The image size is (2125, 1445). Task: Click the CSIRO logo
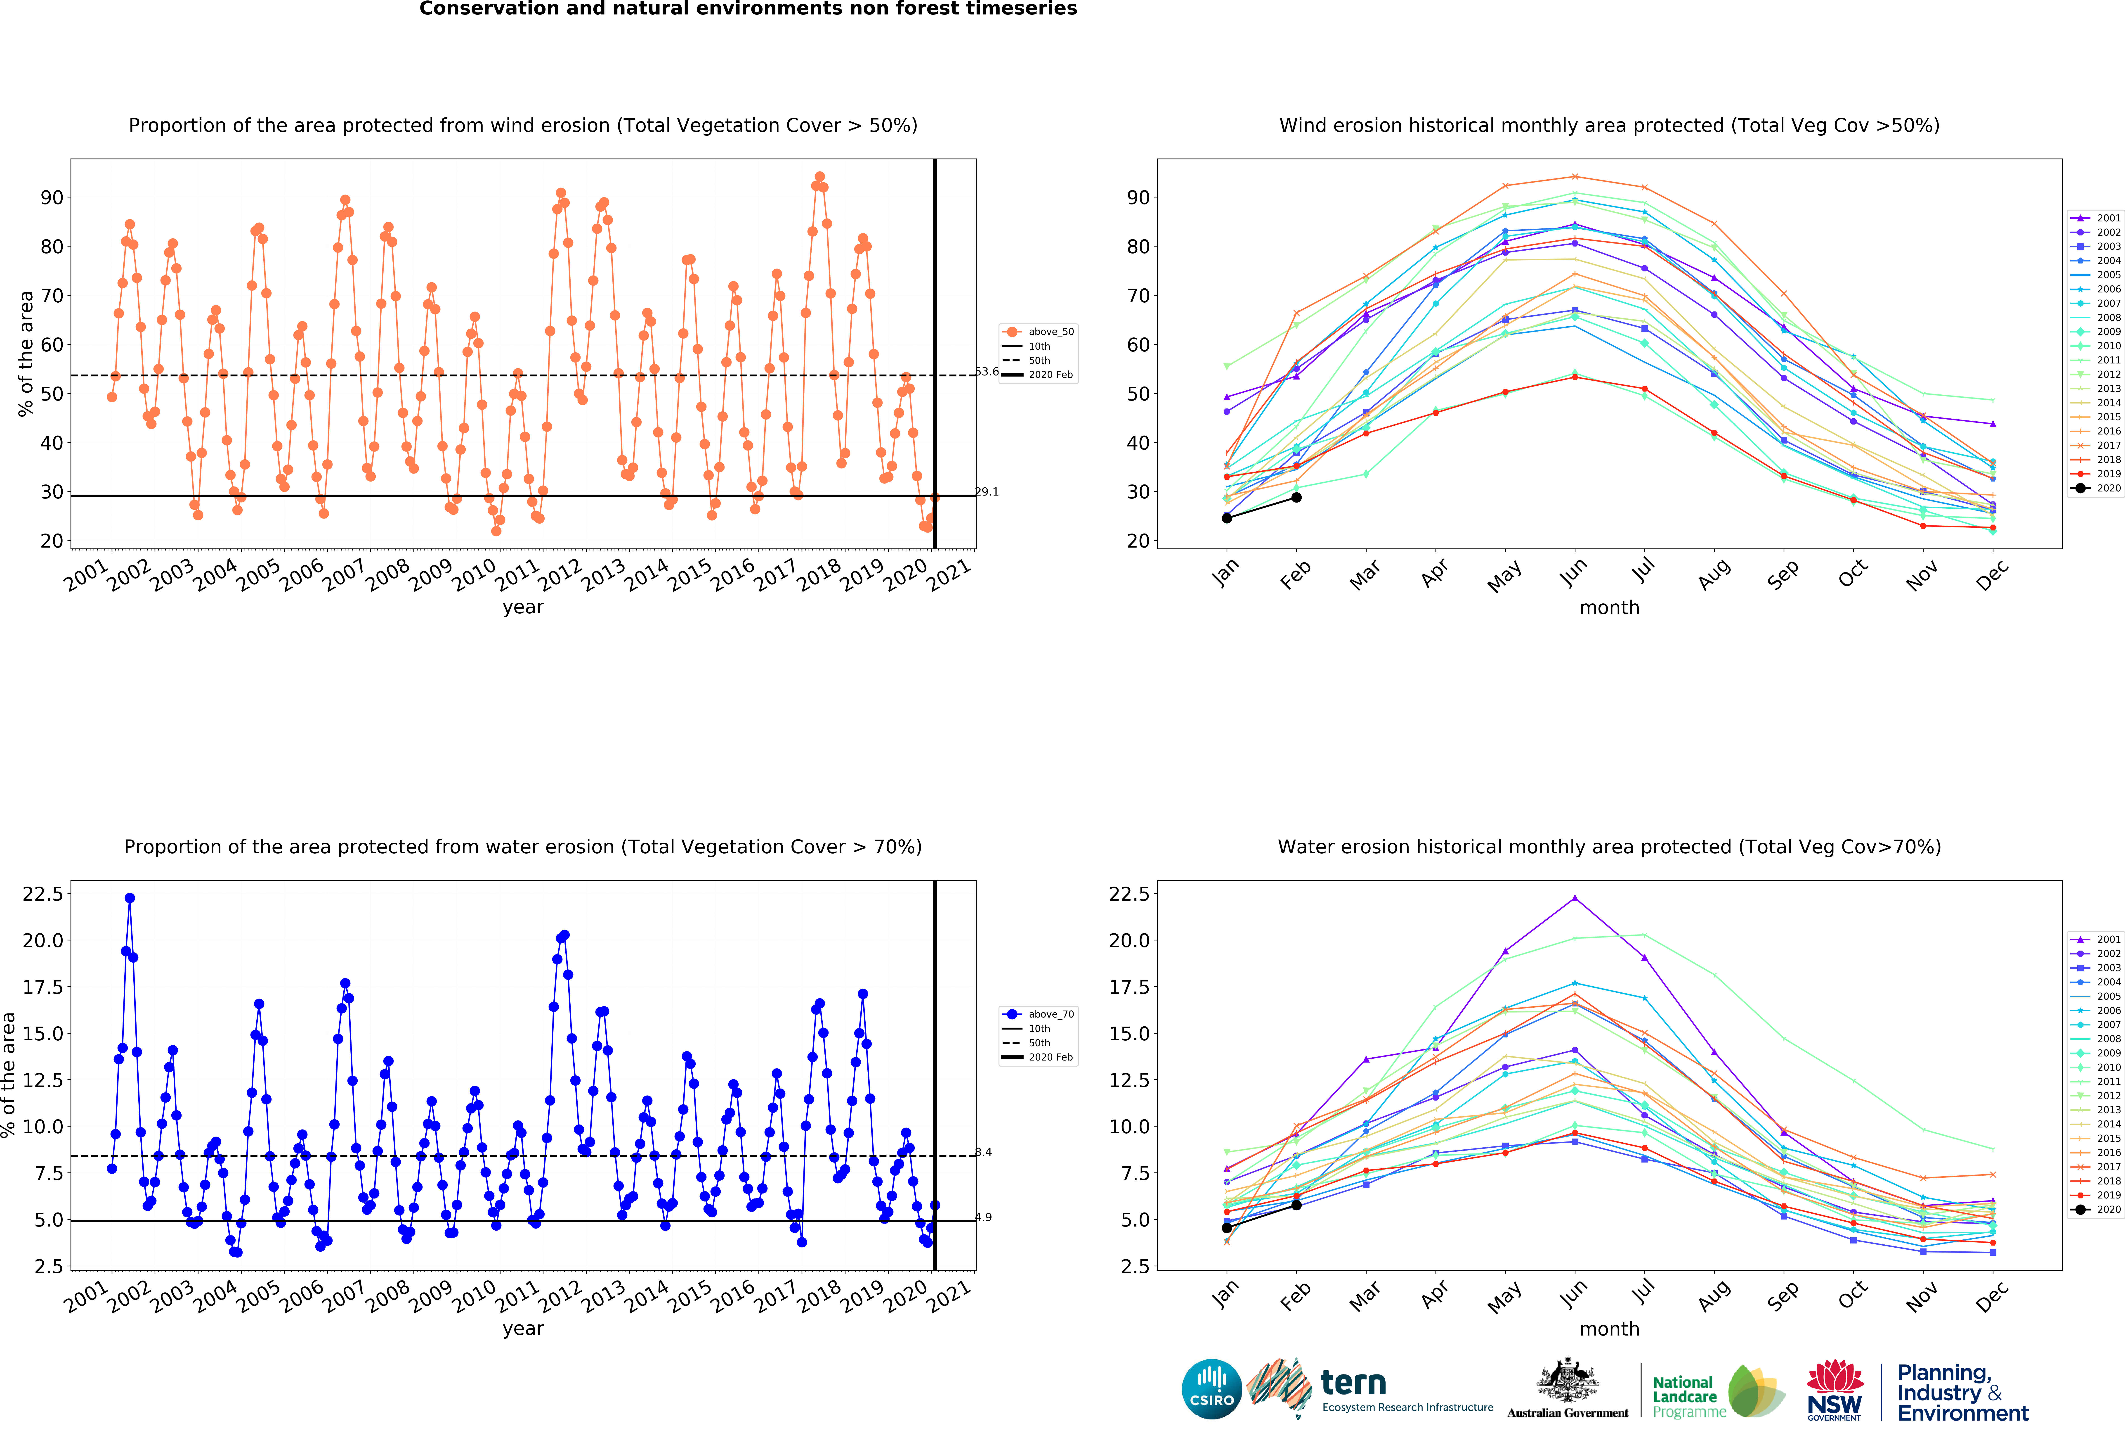1211,1388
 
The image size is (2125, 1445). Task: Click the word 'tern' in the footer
1353,1382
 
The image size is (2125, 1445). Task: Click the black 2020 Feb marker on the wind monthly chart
1296,498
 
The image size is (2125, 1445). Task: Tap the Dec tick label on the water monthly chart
1991,1296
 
